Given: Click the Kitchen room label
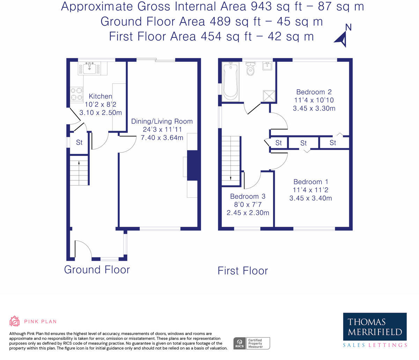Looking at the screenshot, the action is coord(100,96).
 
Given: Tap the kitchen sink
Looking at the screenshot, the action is coord(89,68).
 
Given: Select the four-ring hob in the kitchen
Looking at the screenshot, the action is coord(77,94).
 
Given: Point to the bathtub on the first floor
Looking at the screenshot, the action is coord(231,82).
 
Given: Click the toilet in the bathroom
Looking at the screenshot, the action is coord(251,69).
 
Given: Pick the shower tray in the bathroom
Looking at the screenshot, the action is coord(269,96).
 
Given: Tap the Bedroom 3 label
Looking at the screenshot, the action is coord(248,196).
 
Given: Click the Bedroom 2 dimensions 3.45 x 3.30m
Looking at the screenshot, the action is coord(314,108).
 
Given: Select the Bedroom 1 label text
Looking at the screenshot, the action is coord(311,182).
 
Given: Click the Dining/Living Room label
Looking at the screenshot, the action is coord(162,121).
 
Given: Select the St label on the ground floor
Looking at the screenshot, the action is coord(79,143).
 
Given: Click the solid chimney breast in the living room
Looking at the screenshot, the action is coord(192,165).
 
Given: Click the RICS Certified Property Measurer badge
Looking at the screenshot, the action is coord(251,343).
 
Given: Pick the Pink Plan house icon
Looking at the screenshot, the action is coord(15,321).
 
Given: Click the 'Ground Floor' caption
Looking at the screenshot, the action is coord(97,270).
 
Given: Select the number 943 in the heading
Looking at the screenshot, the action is coord(261,7).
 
